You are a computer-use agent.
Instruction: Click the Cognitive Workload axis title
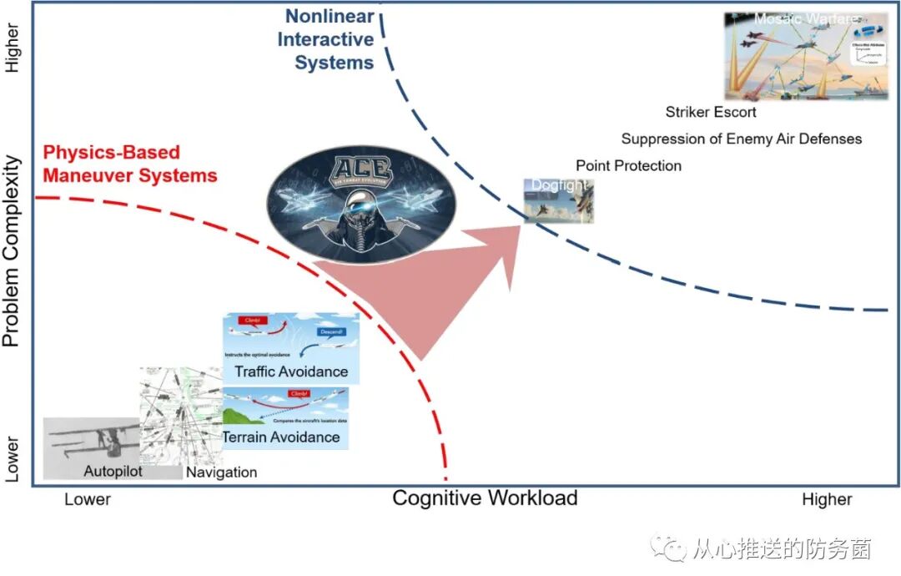coord(485,498)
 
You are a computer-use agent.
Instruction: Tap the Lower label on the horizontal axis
coord(88,499)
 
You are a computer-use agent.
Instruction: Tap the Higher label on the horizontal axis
coord(827,499)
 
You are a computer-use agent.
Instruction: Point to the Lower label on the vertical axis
coord(12,458)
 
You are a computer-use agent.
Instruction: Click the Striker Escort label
coord(711,112)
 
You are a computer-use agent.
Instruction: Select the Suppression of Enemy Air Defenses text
coord(741,139)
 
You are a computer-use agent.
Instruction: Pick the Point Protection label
coord(628,165)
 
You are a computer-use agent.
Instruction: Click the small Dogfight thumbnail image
coord(559,201)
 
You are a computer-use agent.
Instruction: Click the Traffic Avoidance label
coord(291,371)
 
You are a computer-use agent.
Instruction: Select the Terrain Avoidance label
coord(281,437)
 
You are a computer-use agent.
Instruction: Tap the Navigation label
coord(221,472)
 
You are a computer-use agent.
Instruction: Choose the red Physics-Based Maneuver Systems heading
coord(129,164)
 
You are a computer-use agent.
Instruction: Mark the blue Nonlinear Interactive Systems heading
coord(325,39)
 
